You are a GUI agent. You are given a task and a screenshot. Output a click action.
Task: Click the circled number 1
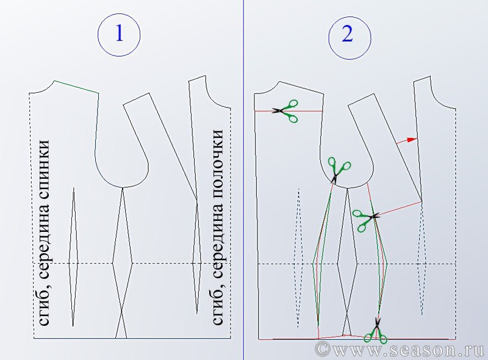click(x=119, y=34)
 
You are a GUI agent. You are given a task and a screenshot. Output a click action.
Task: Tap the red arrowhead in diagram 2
click(x=412, y=140)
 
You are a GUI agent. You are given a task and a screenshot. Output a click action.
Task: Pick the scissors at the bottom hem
click(x=376, y=331)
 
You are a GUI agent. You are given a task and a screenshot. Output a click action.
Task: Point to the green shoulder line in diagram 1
click(x=77, y=87)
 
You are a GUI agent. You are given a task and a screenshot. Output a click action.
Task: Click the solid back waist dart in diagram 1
click(x=73, y=257)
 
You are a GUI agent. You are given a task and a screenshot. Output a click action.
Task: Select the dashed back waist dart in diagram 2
click(x=298, y=258)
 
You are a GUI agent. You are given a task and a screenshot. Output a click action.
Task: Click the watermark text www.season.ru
click(x=404, y=350)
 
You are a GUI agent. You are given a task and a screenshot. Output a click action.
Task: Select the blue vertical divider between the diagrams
click(x=243, y=180)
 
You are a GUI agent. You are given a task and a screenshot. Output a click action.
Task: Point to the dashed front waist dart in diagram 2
click(x=422, y=259)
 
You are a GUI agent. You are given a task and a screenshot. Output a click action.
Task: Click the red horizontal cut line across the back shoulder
click(x=288, y=110)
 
